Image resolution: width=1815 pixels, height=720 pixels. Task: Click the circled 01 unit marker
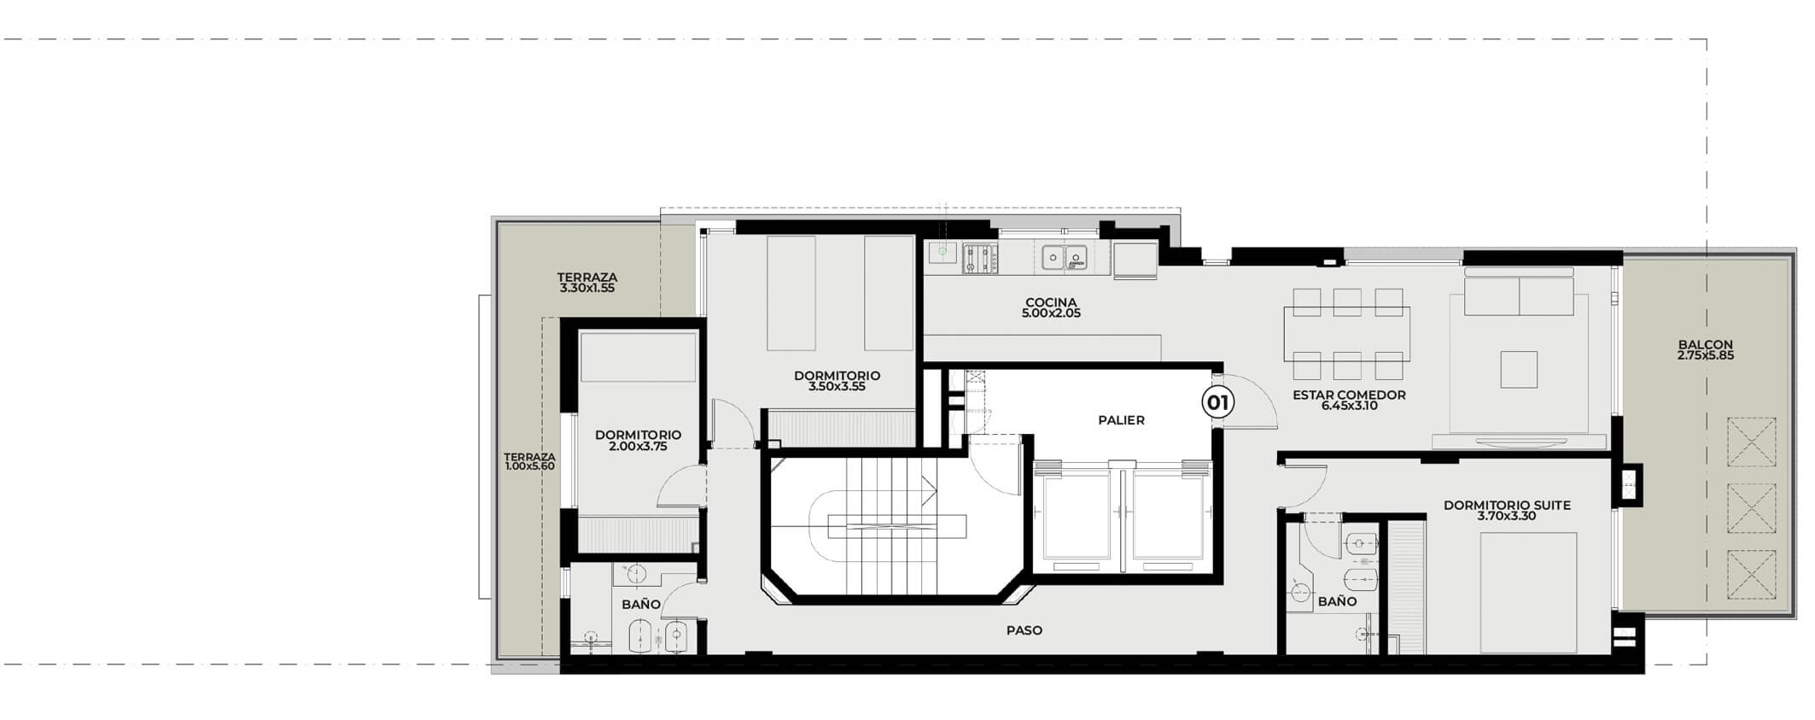[x=1218, y=401]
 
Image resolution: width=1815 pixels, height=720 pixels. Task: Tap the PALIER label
[x=1121, y=420]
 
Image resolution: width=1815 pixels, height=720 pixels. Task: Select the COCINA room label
[x=1051, y=307]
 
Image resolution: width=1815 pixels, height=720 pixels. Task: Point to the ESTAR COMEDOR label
[x=1349, y=400]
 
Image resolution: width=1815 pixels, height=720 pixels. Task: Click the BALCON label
[x=1705, y=350]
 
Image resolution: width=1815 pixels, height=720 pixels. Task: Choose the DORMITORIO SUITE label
[x=1507, y=510]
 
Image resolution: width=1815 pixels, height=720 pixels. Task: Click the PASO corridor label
[x=1024, y=630]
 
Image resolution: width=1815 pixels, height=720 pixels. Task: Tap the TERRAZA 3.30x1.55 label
[x=587, y=283]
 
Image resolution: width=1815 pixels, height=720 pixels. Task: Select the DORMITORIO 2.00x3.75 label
[x=638, y=440]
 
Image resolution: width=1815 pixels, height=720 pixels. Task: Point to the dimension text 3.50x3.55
[x=837, y=387]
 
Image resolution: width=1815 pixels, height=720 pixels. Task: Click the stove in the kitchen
[x=981, y=259]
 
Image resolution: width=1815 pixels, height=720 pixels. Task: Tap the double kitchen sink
[x=1065, y=256]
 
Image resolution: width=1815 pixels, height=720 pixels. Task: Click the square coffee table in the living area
[x=1518, y=369]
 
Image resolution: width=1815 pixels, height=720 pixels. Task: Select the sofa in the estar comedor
[x=1518, y=294]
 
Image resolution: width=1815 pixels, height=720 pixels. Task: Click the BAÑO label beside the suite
[x=1337, y=601]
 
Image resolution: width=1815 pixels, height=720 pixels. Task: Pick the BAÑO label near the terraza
[x=640, y=604]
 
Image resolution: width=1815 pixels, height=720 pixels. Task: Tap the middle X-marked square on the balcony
[x=1751, y=507]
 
